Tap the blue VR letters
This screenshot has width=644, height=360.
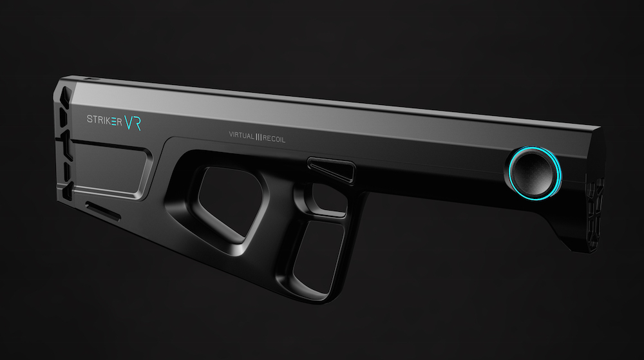(133, 122)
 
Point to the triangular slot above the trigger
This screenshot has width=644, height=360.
(332, 170)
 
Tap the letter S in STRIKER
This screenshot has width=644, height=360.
(90, 119)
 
